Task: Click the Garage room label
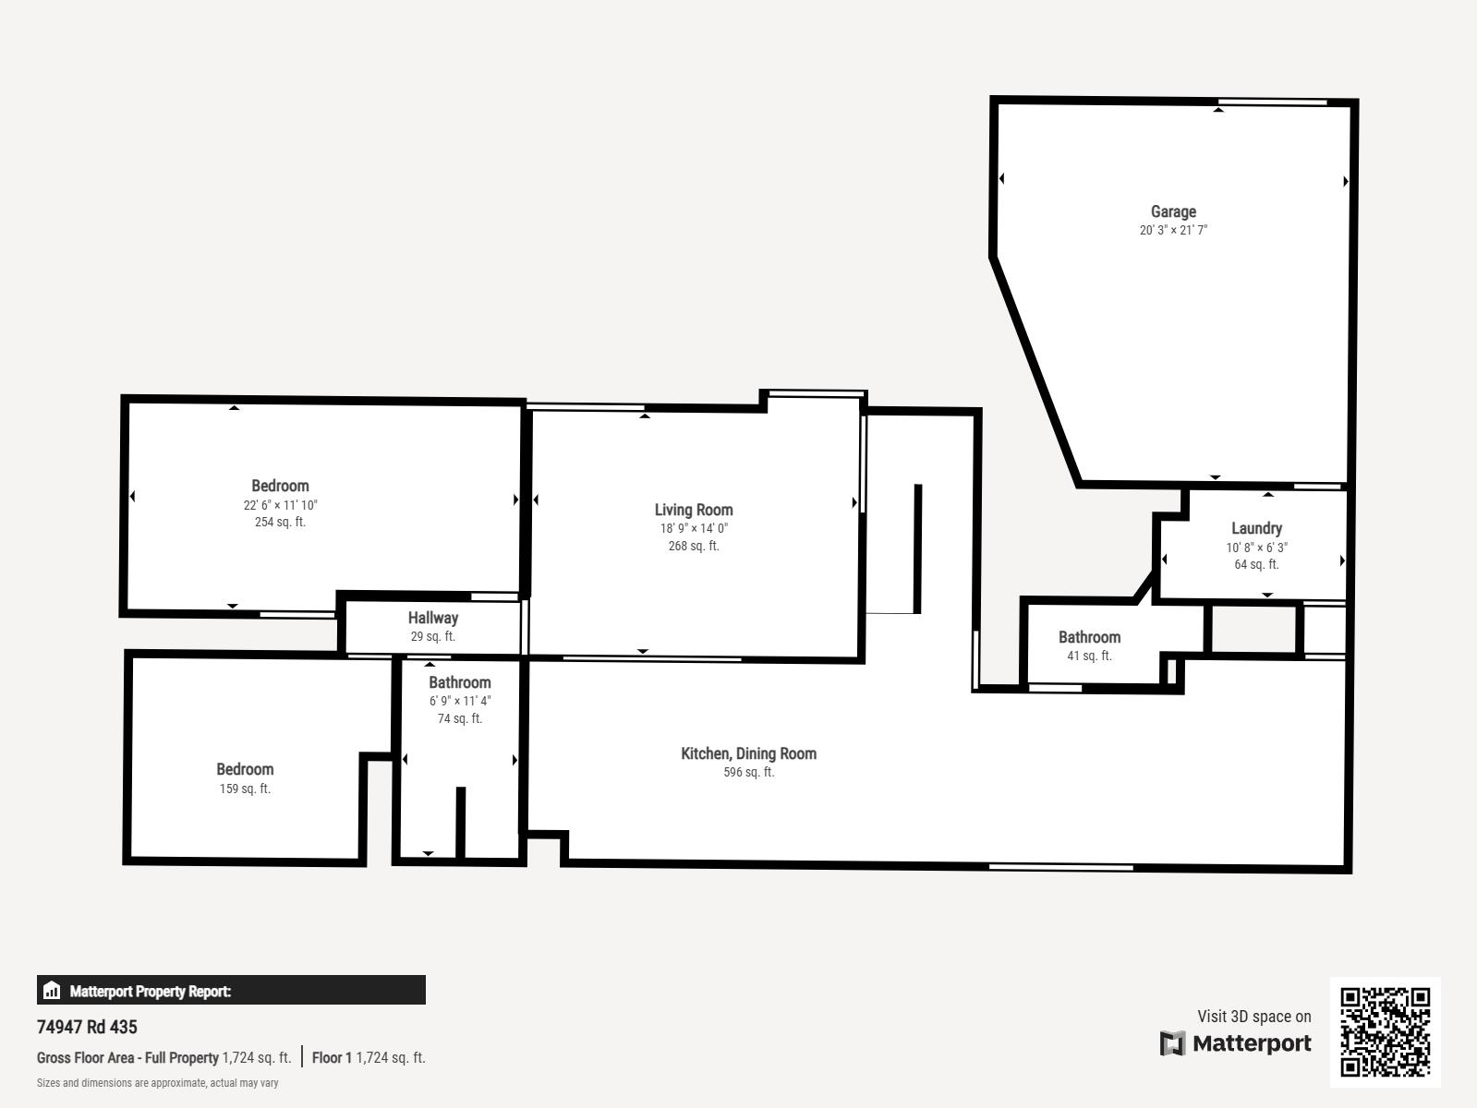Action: pos(1173,211)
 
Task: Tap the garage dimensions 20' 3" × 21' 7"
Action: pos(1173,230)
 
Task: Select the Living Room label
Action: pos(694,511)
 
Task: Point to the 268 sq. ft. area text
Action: pos(694,546)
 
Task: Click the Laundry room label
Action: pos(1256,528)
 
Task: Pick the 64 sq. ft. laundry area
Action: pos(1256,565)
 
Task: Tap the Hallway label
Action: pos(432,618)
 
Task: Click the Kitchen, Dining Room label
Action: pos(748,753)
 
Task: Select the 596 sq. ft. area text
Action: pos(748,773)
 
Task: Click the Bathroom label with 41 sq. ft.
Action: pos(1089,637)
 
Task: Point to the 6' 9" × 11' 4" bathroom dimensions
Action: pos(460,701)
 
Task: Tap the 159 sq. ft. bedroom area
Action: pos(245,789)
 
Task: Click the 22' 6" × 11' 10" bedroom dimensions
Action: pos(280,505)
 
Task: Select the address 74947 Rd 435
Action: pos(87,1027)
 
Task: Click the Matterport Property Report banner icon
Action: pos(52,991)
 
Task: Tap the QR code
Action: pos(1385,1032)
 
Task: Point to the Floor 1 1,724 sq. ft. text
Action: pos(368,1057)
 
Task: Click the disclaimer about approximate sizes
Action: pos(157,1083)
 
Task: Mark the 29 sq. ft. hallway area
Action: pos(432,637)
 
